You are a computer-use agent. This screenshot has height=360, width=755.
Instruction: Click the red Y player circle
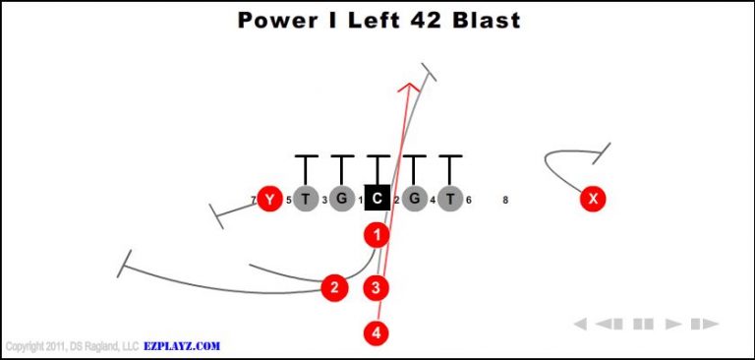click(267, 200)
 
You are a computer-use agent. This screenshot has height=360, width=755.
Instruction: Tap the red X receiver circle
click(592, 200)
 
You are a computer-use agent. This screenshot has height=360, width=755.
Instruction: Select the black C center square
click(377, 200)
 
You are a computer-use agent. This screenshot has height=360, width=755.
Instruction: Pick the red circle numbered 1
click(377, 235)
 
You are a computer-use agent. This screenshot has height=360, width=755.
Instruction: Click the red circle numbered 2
click(335, 287)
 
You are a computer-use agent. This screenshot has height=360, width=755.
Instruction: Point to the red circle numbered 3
click(377, 287)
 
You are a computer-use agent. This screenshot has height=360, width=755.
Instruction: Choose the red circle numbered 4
click(377, 333)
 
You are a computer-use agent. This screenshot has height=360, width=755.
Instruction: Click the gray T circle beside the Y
click(306, 200)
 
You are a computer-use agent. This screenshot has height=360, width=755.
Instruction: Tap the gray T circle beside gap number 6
click(450, 200)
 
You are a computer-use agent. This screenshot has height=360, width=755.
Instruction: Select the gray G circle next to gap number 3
click(341, 200)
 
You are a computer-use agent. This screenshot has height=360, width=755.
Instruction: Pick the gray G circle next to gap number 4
click(415, 200)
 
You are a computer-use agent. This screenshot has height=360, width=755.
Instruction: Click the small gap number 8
click(505, 201)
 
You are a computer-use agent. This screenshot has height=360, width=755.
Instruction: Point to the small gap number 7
click(253, 201)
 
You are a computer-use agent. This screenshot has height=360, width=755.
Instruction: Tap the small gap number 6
click(469, 201)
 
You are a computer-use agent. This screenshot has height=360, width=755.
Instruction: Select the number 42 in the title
click(408, 20)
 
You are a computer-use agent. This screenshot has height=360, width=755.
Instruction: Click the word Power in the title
click(276, 20)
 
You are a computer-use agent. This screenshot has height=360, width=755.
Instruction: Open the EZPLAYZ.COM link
click(181, 346)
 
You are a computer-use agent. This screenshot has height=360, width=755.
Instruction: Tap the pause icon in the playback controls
click(643, 324)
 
